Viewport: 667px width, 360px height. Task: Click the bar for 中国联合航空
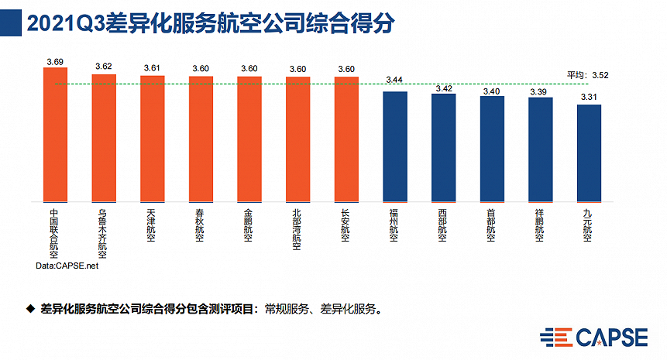tap(55, 134)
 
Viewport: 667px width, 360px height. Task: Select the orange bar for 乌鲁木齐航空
tap(104, 137)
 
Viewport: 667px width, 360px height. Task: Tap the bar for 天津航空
tap(153, 138)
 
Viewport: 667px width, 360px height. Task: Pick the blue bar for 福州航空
tap(395, 146)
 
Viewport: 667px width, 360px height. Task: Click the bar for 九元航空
tap(590, 152)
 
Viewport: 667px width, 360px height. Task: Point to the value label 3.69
tap(55, 60)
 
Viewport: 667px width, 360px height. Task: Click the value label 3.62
tap(104, 67)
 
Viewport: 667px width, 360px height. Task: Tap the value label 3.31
tap(590, 96)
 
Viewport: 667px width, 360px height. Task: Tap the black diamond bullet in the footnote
tap(31, 308)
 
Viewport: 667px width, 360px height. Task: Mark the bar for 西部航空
tap(444, 146)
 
